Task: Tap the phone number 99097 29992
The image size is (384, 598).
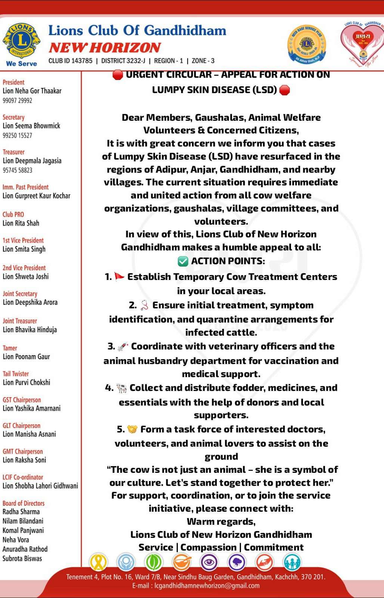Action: (17, 101)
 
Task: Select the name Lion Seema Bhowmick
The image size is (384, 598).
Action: (31, 126)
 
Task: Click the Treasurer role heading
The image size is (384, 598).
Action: (13, 152)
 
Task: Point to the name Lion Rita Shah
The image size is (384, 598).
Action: (21, 223)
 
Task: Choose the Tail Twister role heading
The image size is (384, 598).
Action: (16, 374)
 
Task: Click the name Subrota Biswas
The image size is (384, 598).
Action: (22, 558)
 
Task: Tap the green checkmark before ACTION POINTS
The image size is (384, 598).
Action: (183, 261)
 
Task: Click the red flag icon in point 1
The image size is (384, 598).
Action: (119, 277)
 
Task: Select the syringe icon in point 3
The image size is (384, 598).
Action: (123, 346)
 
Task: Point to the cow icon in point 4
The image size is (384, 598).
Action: (121, 388)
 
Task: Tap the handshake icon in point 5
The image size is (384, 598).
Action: (132, 429)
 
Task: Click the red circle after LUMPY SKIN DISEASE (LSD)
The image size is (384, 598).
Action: (285, 90)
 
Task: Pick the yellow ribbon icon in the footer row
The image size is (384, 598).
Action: (98, 562)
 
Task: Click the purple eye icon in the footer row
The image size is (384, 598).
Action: (209, 562)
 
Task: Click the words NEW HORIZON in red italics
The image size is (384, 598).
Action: (105, 47)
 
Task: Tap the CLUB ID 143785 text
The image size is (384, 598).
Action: (70, 61)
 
